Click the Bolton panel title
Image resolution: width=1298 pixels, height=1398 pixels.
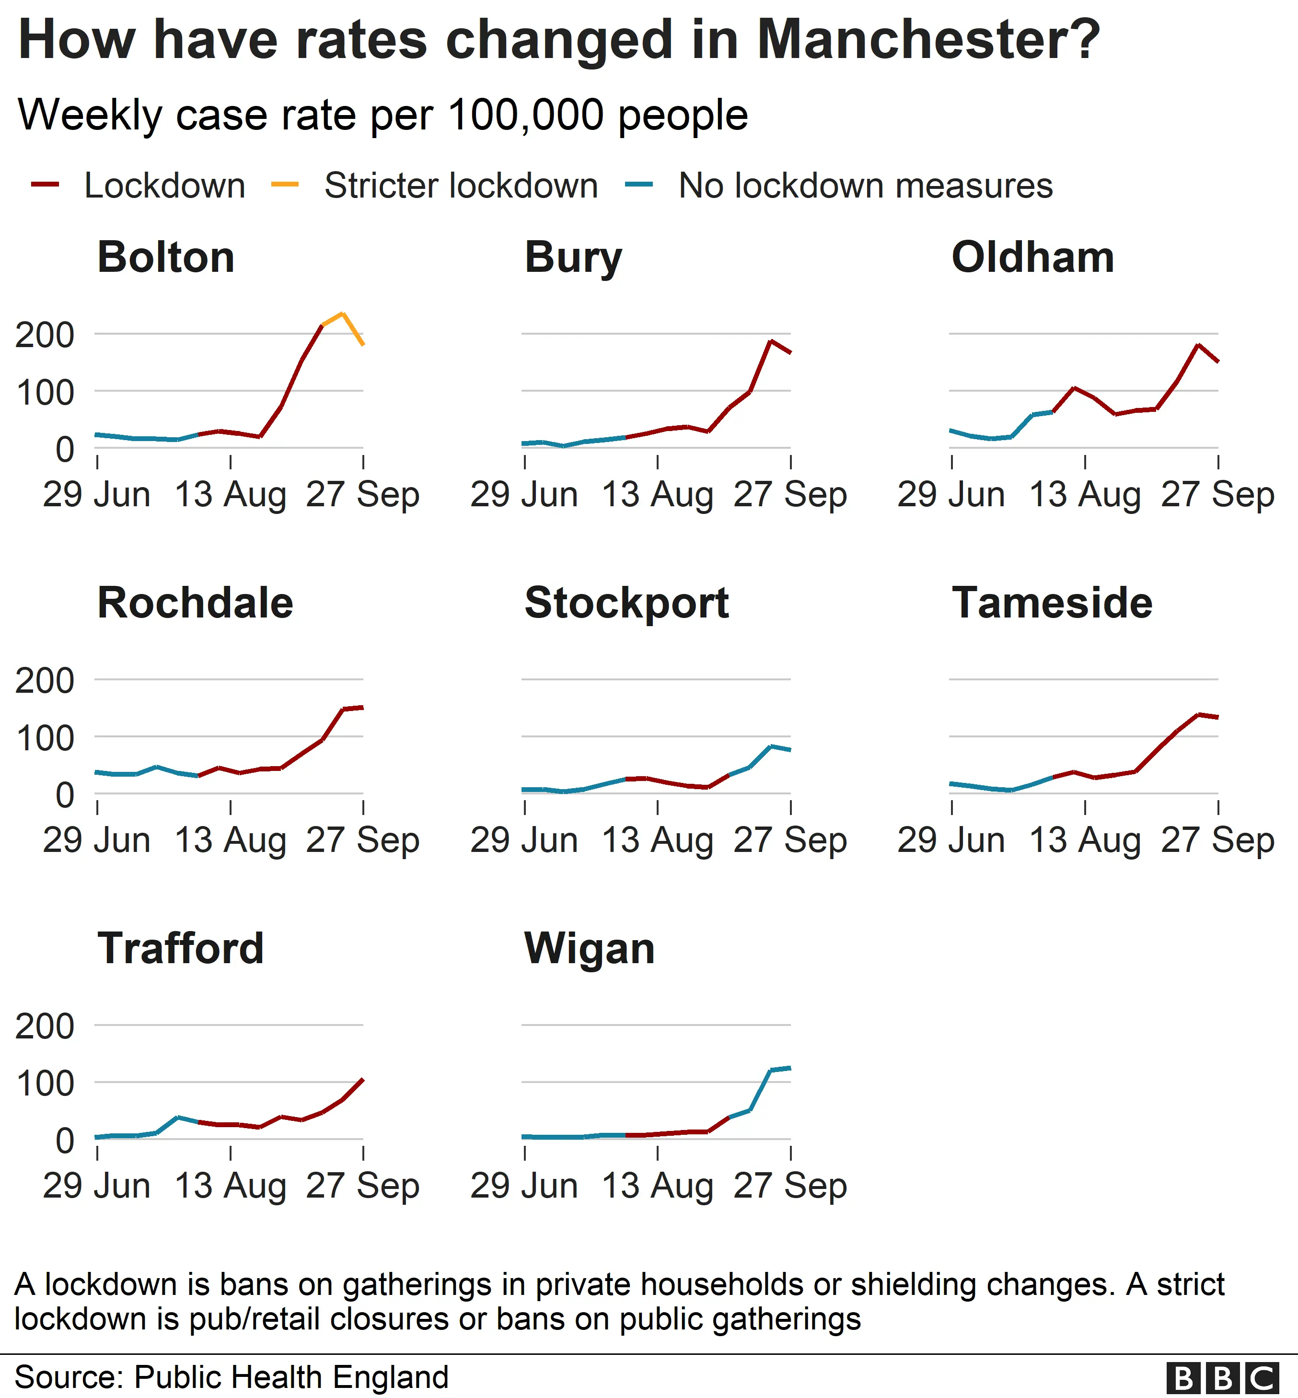pyautogui.click(x=166, y=257)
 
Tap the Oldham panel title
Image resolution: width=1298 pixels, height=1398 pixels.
pyautogui.click(x=1032, y=257)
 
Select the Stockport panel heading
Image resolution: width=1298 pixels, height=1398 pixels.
pyautogui.click(x=626, y=603)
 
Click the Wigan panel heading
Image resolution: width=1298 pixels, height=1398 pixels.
pyautogui.click(x=589, y=948)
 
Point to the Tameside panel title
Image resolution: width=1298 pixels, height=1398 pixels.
pyautogui.click(x=1052, y=603)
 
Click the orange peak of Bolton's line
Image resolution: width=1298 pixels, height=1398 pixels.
pyautogui.click(x=342, y=314)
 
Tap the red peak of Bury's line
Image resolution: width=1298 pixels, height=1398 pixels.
pyautogui.click(x=771, y=341)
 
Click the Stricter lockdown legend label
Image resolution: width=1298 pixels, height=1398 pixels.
pyautogui.click(x=461, y=186)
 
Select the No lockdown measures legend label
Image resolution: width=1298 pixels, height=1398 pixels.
pyautogui.click(x=865, y=186)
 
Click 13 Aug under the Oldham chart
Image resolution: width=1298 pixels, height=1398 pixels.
pyautogui.click(x=1085, y=495)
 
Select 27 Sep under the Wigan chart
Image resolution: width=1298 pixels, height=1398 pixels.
pyautogui.click(x=790, y=1186)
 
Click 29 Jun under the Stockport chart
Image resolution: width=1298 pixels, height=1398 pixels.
pyautogui.click(x=524, y=840)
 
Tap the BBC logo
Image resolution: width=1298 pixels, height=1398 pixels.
pyautogui.click(x=1222, y=1378)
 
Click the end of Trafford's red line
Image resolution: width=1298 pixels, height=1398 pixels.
pyautogui.click(x=362, y=1079)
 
